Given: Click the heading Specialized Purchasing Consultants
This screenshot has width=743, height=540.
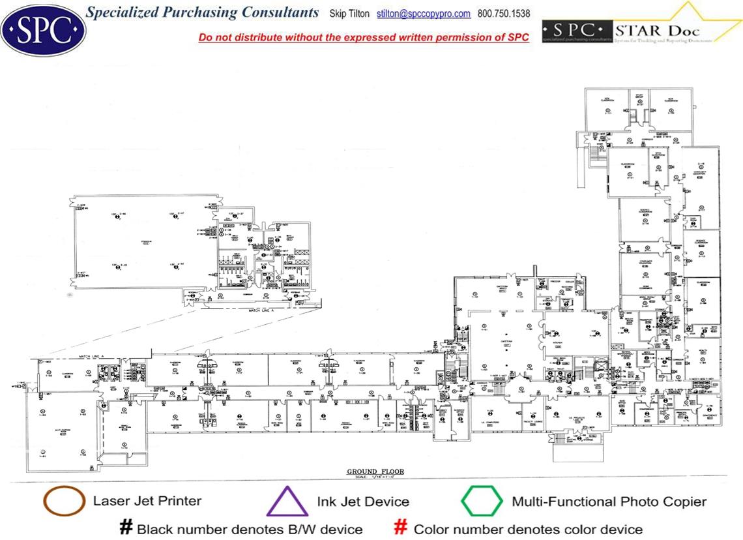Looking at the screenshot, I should [x=203, y=13].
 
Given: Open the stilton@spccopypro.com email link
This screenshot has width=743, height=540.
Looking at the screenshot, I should [x=424, y=14].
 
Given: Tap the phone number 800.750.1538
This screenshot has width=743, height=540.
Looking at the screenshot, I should [x=504, y=14].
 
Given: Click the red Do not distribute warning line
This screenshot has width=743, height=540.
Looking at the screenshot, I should [x=364, y=38].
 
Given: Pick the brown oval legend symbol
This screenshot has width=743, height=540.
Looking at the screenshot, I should [x=63, y=501].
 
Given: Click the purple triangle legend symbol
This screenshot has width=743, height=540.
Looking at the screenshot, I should [x=287, y=502].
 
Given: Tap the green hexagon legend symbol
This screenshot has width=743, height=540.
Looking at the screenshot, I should [x=482, y=502].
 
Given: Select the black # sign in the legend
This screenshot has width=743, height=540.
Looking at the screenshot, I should [x=126, y=528].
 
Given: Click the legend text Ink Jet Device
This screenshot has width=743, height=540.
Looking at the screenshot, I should [x=363, y=502].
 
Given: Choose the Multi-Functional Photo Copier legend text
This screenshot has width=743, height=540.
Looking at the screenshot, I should [x=609, y=502].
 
